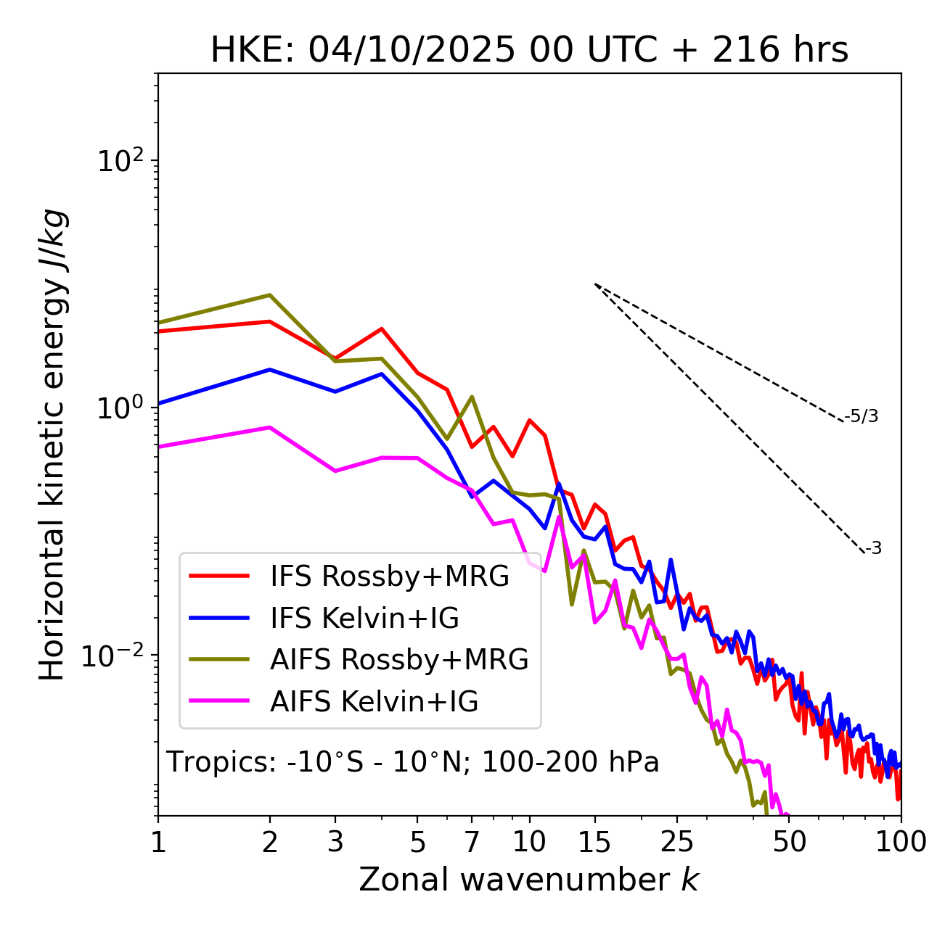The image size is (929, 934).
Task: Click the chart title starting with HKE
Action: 529,51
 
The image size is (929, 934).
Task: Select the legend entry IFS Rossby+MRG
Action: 389,576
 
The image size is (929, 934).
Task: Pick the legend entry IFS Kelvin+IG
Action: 364,619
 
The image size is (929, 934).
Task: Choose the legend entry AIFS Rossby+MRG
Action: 399,660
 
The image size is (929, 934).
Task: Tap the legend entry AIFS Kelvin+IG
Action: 374,702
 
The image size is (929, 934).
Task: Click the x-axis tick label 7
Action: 472,843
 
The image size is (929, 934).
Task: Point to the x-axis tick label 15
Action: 594,843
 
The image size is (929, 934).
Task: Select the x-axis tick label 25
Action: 676,843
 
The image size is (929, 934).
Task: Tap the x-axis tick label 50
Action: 790,843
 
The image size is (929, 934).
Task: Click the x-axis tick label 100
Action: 901,843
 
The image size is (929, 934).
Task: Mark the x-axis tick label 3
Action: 335,843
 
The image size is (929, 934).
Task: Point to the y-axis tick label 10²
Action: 120,161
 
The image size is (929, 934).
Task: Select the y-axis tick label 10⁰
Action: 120,408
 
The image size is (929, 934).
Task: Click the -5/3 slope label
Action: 862,417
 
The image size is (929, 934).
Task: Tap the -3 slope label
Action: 874,549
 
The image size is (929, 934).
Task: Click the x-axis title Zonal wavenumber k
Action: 529,880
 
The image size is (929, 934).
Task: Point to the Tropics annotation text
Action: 412,763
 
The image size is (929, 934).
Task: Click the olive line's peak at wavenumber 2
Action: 270,295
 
